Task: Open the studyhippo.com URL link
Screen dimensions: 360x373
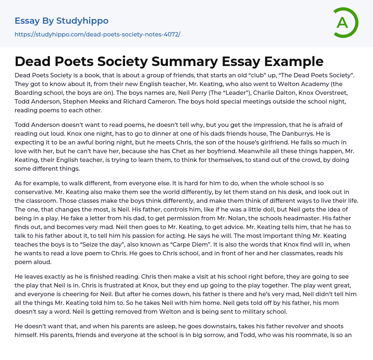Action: point(97,35)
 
